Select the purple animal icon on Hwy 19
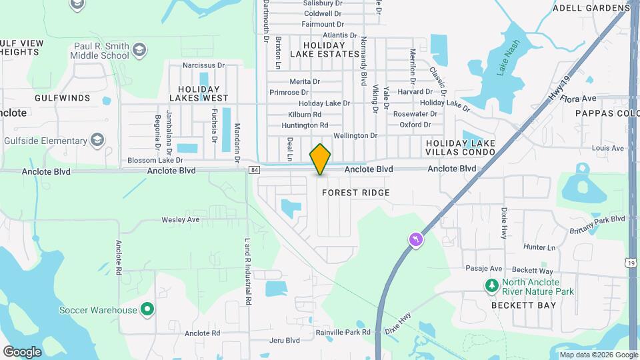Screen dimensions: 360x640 417,239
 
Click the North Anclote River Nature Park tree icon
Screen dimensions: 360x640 491,286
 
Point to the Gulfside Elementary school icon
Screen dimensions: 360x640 97,140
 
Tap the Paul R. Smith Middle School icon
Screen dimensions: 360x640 139,50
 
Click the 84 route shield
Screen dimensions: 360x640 255,171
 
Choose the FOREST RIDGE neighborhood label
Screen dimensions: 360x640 355,193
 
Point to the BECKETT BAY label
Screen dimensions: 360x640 523,305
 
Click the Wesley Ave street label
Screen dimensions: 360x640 181,219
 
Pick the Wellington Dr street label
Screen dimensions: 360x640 355,135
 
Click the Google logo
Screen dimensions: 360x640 22,351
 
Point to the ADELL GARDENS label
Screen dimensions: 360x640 591,8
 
